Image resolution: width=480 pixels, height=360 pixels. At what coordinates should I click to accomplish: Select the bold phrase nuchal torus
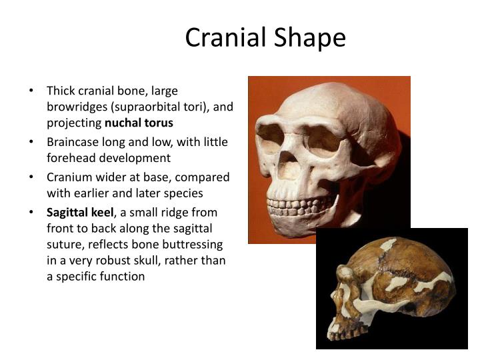click(139, 123)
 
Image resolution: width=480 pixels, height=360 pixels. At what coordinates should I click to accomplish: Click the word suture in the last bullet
click(65, 244)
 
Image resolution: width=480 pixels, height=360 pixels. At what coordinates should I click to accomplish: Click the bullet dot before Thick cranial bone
click(32, 91)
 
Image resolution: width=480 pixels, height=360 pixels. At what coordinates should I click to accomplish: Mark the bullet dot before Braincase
click(32, 142)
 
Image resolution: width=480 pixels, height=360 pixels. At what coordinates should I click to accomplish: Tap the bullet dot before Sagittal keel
click(32, 213)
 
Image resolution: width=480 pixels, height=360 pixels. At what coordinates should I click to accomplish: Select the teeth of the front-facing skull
click(300, 203)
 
